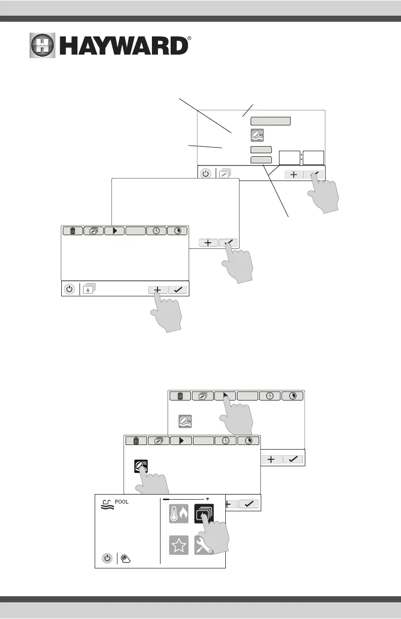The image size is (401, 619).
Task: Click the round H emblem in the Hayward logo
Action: (x=45, y=47)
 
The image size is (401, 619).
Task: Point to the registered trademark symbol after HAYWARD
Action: (x=189, y=38)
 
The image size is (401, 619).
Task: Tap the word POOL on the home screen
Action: (x=122, y=502)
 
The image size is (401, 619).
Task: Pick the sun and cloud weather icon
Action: (x=126, y=559)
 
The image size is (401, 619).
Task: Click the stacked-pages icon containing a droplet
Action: (x=89, y=289)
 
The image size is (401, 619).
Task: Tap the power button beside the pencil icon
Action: (x=206, y=173)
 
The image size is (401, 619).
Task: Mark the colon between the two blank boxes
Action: (x=302, y=157)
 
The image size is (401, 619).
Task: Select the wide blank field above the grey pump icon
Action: (x=271, y=120)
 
